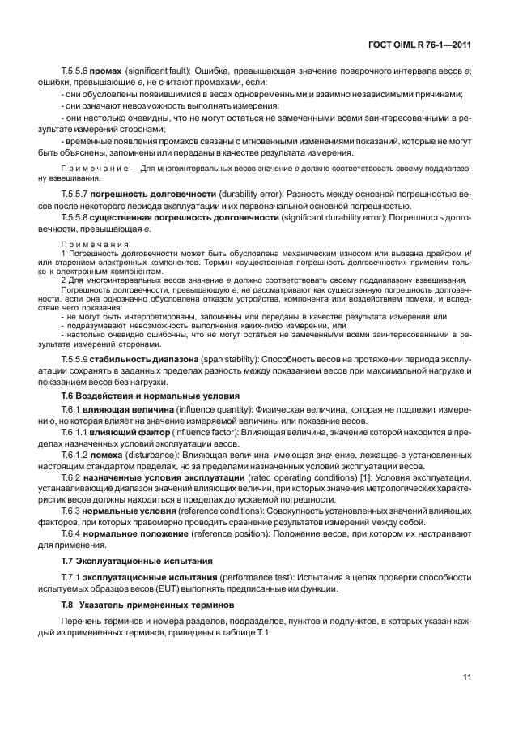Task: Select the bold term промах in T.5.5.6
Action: tap(105, 71)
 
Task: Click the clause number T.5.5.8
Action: tap(74, 218)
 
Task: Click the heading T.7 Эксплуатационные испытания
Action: tap(138, 561)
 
